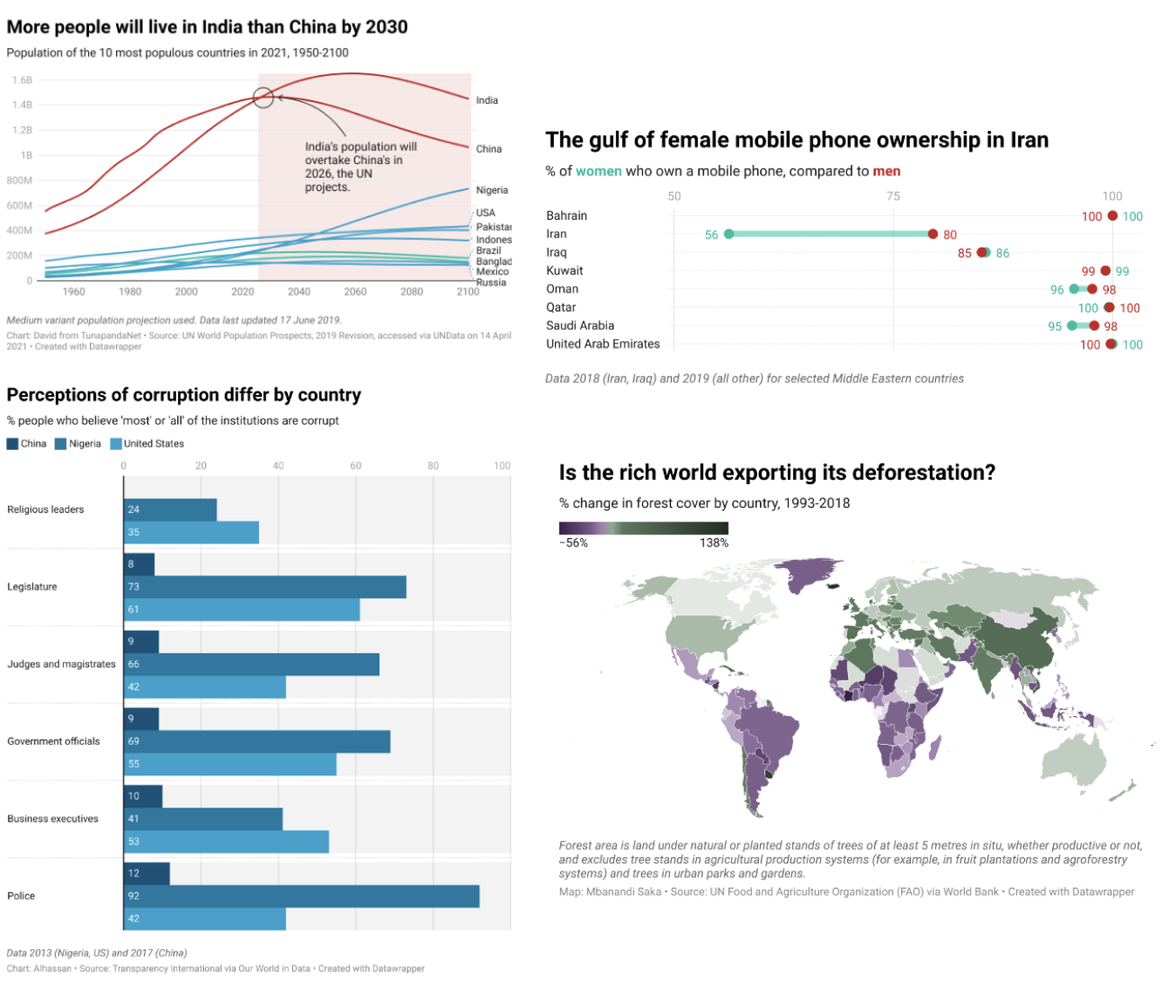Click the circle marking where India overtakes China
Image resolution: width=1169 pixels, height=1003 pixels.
pyautogui.click(x=263, y=98)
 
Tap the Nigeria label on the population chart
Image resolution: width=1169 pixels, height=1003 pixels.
pyautogui.click(x=492, y=190)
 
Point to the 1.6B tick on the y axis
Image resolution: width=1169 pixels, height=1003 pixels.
pyautogui.click(x=22, y=80)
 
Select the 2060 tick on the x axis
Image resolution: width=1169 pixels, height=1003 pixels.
pyautogui.click(x=355, y=291)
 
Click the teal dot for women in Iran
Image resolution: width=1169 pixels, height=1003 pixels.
pyautogui.click(x=729, y=234)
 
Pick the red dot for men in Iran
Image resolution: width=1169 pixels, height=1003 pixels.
pyautogui.click(x=933, y=234)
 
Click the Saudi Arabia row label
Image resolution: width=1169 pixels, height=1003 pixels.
pyautogui.click(x=580, y=325)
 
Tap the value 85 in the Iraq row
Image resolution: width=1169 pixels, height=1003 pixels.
pyautogui.click(x=964, y=253)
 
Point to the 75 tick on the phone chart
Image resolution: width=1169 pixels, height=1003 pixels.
pyautogui.click(x=893, y=196)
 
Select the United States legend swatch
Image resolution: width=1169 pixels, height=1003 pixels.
pyautogui.click(x=116, y=444)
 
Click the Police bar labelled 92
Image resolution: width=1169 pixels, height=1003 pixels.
pyautogui.click(x=301, y=896)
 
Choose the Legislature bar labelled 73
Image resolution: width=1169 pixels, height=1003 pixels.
pyautogui.click(x=264, y=586)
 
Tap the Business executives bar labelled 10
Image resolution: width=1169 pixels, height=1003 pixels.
pyautogui.click(x=143, y=795)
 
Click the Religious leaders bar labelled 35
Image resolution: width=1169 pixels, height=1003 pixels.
pyautogui.click(x=191, y=532)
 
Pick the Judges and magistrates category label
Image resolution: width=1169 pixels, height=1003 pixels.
pyautogui.click(x=61, y=664)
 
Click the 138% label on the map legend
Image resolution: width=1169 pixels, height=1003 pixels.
pyautogui.click(x=714, y=542)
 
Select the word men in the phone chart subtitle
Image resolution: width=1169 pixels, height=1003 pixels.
pyautogui.click(x=886, y=171)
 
